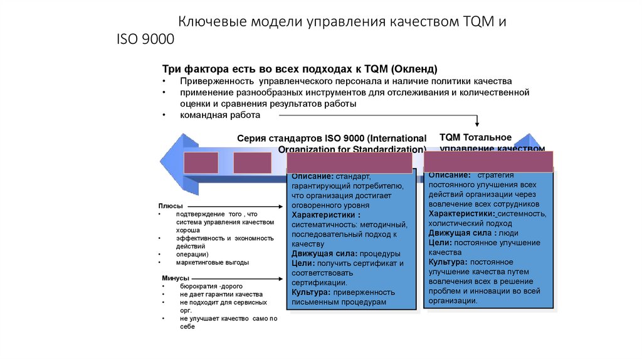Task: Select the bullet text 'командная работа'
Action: [x=219, y=115]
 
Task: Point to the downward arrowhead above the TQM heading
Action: [x=478, y=124]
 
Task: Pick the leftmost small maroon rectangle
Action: [x=201, y=162]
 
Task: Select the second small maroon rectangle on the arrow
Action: [x=252, y=162]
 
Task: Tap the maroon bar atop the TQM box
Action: [x=488, y=161]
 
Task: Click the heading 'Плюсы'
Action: [x=170, y=206]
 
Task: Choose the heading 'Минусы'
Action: [x=175, y=278]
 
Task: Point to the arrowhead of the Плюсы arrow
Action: [x=283, y=206]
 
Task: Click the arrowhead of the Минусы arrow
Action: [x=283, y=278]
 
